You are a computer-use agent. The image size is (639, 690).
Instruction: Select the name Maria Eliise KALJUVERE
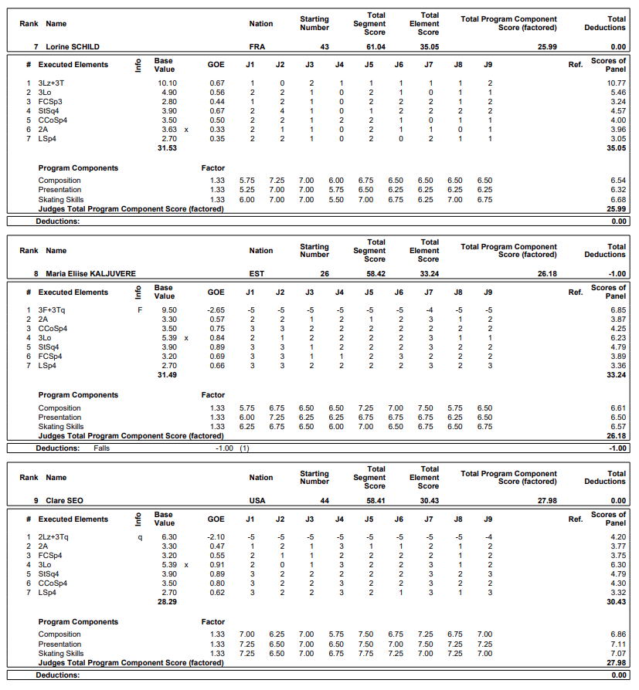[x=90, y=273]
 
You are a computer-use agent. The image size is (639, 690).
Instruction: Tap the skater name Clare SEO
[x=66, y=500]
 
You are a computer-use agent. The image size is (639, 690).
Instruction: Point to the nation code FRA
[x=257, y=47]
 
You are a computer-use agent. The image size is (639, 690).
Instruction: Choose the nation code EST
[x=257, y=273]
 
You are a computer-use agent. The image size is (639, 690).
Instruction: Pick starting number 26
[x=325, y=273]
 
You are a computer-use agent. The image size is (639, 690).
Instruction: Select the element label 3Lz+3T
[x=52, y=83]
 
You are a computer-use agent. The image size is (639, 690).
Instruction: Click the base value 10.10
[x=168, y=83]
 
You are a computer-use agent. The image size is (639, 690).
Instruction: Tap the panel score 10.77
[x=616, y=83]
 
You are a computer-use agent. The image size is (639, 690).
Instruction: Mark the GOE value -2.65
[x=216, y=309]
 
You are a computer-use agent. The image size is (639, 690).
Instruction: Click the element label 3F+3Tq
[x=52, y=309]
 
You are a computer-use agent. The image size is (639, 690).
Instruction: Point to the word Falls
[x=102, y=448]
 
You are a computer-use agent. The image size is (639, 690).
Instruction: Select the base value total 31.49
[x=167, y=375]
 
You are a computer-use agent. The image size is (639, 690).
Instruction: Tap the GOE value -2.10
[x=216, y=536]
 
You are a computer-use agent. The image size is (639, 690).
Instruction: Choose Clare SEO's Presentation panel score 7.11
[x=617, y=644]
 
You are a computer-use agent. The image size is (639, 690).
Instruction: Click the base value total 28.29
[x=167, y=602]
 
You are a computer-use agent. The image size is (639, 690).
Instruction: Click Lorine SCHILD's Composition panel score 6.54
[x=617, y=181]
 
